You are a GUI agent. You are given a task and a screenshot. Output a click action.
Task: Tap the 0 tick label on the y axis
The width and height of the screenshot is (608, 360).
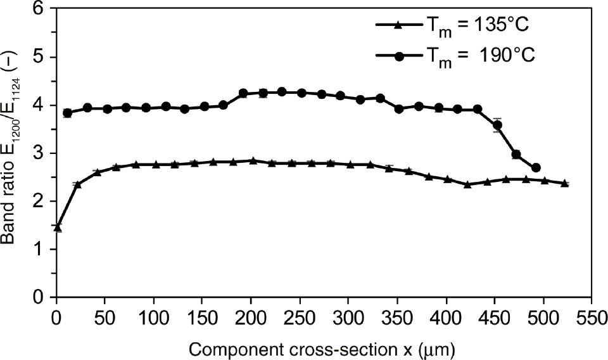tap(42, 297)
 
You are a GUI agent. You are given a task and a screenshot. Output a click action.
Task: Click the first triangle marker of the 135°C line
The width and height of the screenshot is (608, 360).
tap(58, 227)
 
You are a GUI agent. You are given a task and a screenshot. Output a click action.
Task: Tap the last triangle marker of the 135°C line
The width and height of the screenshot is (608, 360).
tap(564, 183)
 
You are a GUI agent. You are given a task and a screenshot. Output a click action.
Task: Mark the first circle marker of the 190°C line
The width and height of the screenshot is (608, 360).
tap(67, 113)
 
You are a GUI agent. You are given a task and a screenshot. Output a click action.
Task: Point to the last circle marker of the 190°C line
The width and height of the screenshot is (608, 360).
tap(536, 167)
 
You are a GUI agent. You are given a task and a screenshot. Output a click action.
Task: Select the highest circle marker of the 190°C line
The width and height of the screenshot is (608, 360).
tap(282, 92)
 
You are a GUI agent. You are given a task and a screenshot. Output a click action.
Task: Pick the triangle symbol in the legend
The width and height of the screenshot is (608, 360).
tap(396, 25)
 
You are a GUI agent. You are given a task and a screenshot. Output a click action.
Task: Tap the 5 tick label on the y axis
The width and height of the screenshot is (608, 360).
tap(42, 58)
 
